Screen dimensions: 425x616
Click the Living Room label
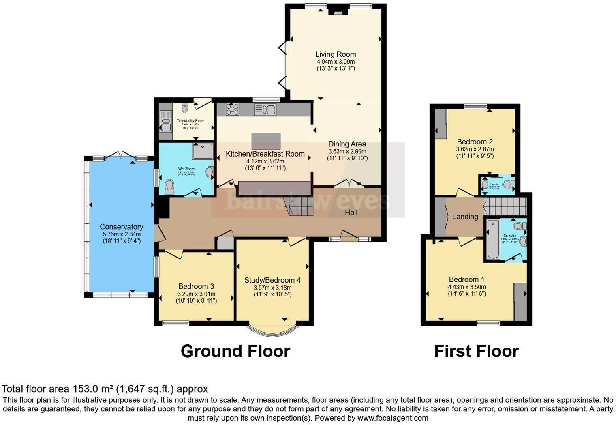[x=336, y=54]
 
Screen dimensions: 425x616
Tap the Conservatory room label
[x=122, y=227]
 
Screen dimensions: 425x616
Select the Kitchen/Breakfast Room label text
[x=265, y=154]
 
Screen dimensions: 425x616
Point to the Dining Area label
[x=347, y=144]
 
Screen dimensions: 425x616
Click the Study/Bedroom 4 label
[x=272, y=280]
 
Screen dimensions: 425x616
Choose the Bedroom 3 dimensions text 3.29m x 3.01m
[x=196, y=294]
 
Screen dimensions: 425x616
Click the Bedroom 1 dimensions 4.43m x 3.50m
[x=467, y=287]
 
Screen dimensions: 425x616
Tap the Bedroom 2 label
[x=475, y=142]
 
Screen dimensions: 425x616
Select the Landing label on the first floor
[x=465, y=217]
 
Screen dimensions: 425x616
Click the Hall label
[x=351, y=212]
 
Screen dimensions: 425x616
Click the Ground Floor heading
[x=235, y=351]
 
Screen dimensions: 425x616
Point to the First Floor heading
[x=476, y=351]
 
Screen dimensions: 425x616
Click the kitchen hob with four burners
[x=233, y=109]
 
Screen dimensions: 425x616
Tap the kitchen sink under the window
[x=265, y=109]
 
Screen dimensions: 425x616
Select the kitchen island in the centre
[x=266, y=141]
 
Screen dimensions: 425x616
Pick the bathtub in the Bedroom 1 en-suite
[x=493, y=239]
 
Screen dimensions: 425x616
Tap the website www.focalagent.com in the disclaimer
[x=392, y=418]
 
